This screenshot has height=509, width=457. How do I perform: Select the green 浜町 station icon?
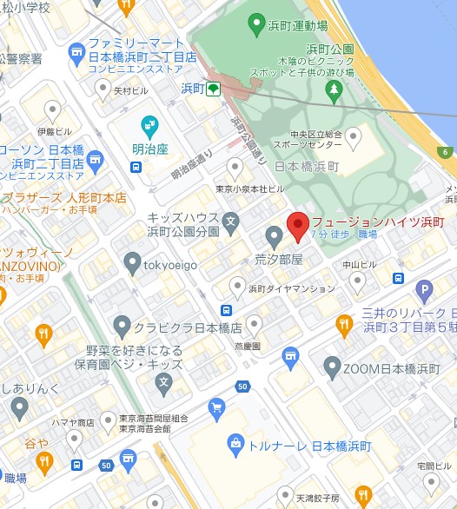point(212,89)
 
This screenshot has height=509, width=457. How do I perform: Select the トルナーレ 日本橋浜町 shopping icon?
point(235,445)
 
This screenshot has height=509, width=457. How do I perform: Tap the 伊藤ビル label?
point(54,131)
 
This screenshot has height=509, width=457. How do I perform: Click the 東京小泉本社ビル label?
point(250,188)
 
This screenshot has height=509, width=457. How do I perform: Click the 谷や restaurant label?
point(36,443)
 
